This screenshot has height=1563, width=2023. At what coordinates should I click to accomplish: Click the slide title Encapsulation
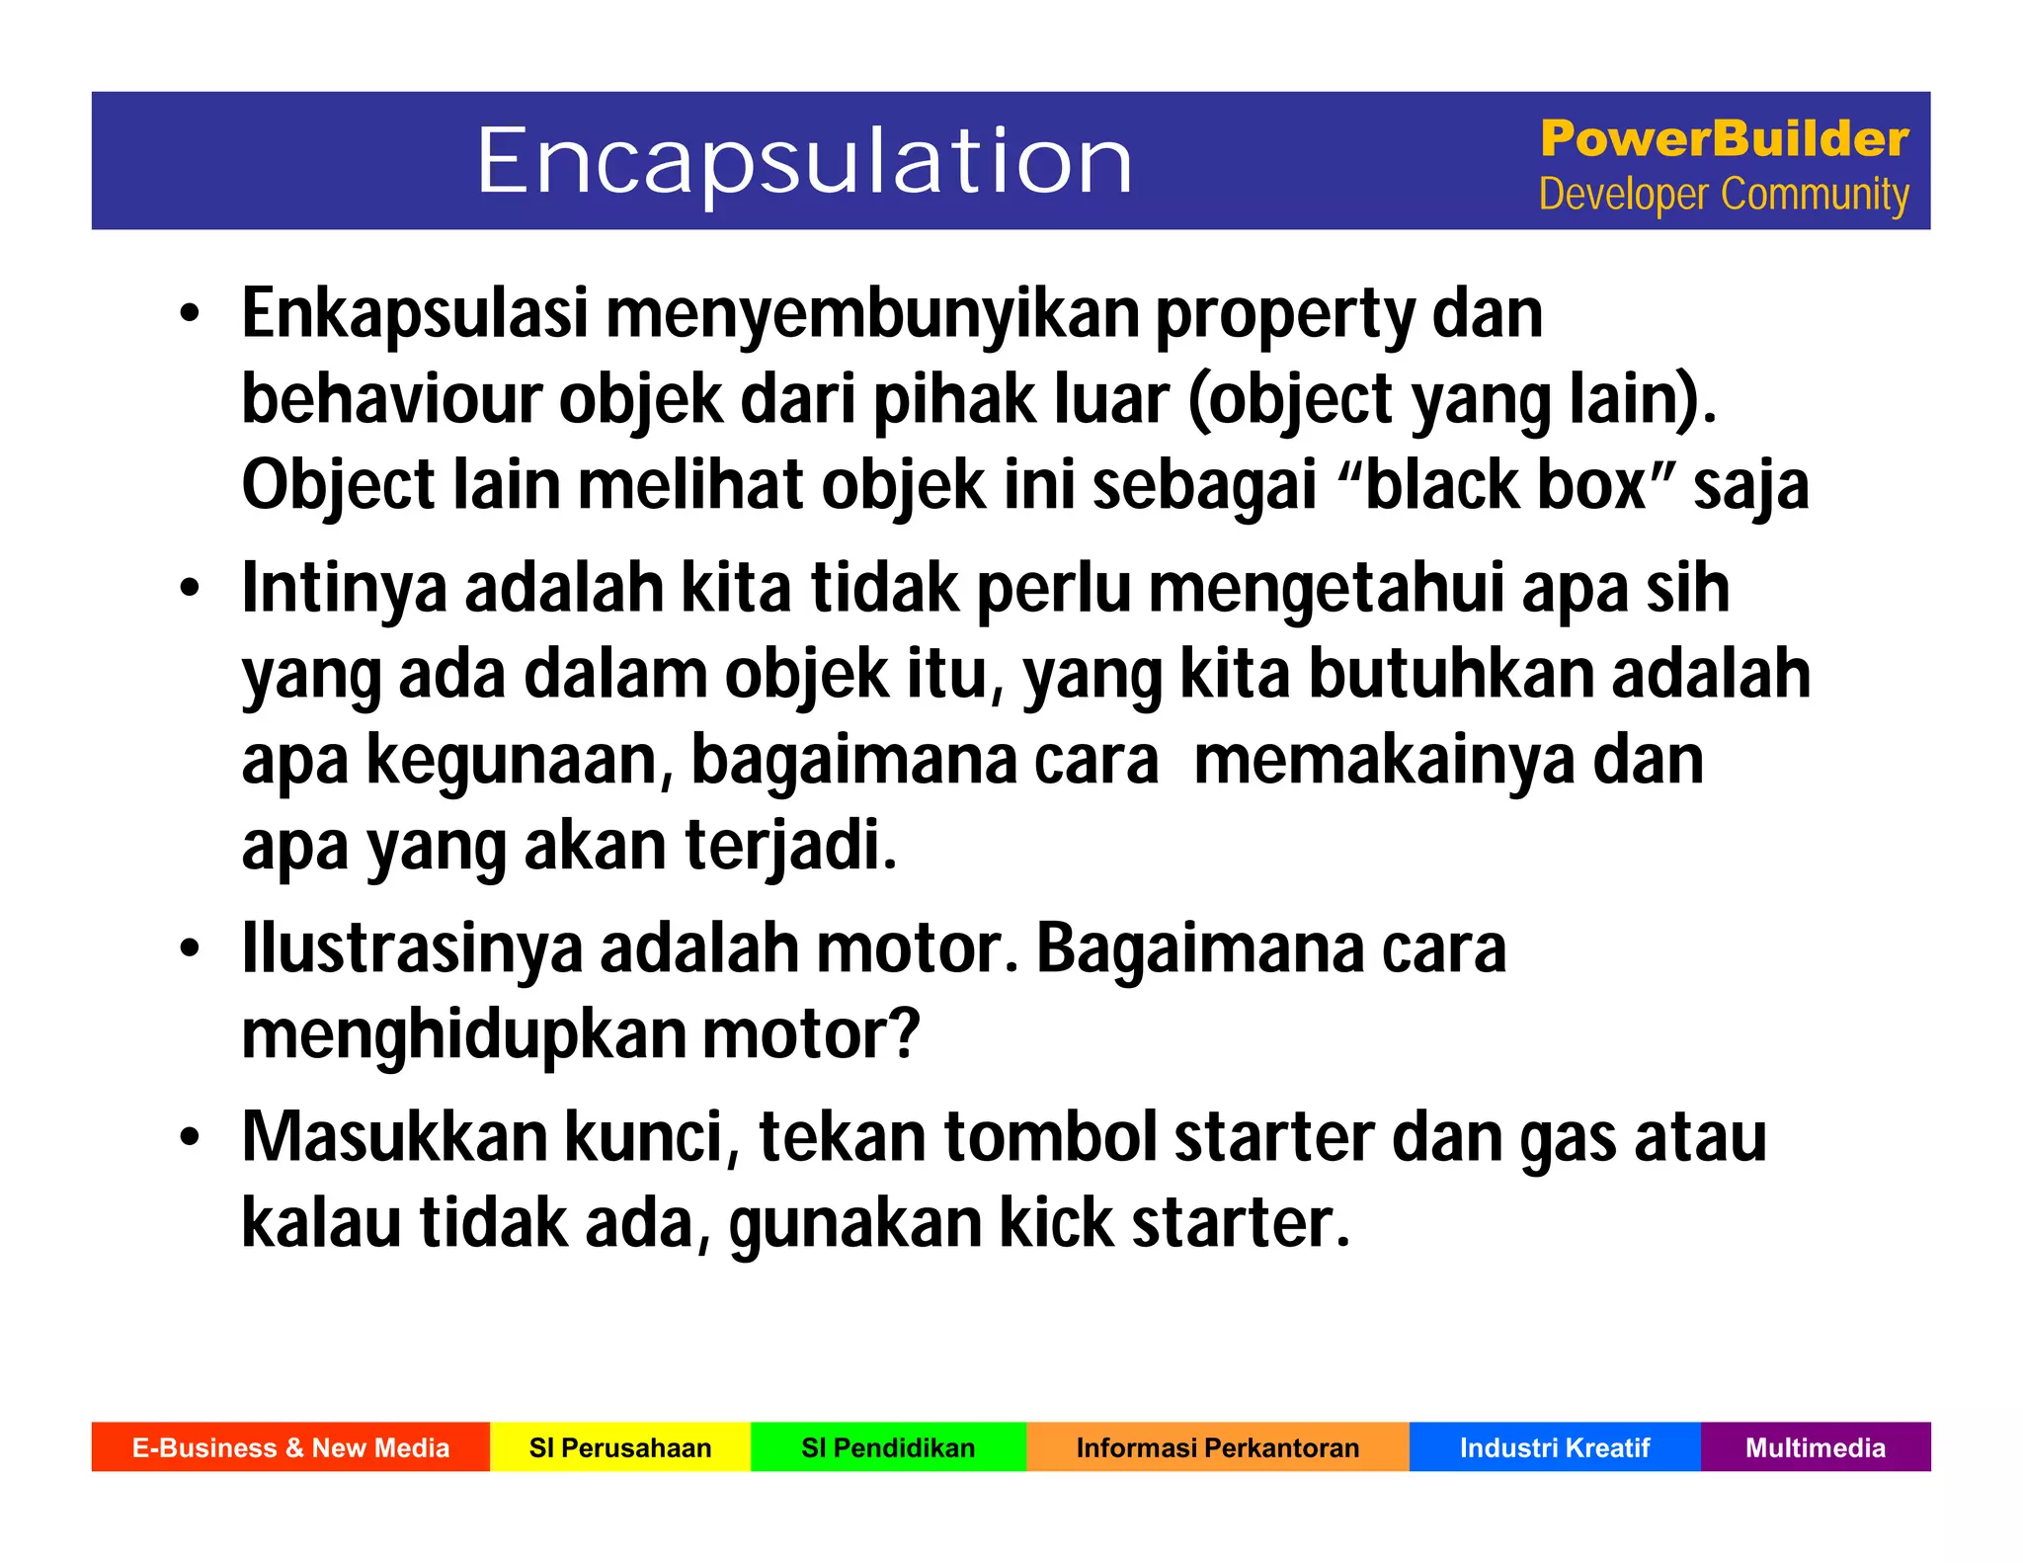tap(804, 161)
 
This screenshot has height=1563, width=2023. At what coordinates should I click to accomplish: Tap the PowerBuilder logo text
tap(1724, 138)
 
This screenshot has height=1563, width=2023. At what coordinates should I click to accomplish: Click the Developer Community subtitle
tap(1724, 195)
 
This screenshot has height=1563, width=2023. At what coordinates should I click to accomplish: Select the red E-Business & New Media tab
tap(290, 1447)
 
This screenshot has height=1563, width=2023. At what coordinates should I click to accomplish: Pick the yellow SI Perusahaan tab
tap(620, 1447)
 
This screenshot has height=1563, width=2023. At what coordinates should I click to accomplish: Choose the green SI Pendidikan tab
tap(888, 1447)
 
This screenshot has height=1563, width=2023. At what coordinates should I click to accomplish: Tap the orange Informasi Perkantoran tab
tap(1217, 1447)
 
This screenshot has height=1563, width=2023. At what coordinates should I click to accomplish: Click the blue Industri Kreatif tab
tap(1555, 1447)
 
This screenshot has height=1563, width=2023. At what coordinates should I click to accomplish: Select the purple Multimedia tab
tap(1816, 1447)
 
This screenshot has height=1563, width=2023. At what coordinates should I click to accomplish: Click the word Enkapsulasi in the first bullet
tap(415, 314)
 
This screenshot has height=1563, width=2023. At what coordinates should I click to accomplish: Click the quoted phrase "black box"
tap(1505, 486)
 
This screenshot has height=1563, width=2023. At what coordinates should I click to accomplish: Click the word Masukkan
tap(394, 1137)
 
